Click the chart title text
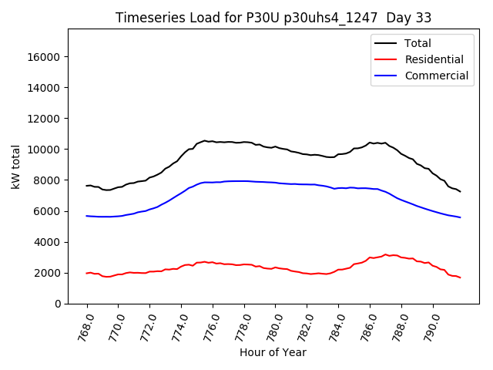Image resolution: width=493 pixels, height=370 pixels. coord(273,18)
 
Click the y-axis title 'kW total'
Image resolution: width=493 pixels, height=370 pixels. coord(16,166)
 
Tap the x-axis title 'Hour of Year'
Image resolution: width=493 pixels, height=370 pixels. coord(273,352)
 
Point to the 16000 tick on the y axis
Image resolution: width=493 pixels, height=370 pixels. coord(45,57)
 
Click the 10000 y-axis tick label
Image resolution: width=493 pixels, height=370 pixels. coord(45,150)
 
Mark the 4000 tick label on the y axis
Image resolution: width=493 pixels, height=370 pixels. coord(49,242)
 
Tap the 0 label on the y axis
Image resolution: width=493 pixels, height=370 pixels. coord(58,304)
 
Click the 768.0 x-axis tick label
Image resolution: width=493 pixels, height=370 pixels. coord(87,327)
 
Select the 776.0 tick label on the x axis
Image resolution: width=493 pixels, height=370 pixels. coord(213,327)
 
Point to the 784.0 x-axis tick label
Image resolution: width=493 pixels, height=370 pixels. coord(338,327)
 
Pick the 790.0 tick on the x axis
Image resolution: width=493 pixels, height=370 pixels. coord(433,327)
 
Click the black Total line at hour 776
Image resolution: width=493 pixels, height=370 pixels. coord(213,142)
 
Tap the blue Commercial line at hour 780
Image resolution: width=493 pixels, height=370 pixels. coord(276,183)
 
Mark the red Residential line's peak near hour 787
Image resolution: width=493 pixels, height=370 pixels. coord(386,254)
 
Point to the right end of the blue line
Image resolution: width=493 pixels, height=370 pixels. coord(461,217)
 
